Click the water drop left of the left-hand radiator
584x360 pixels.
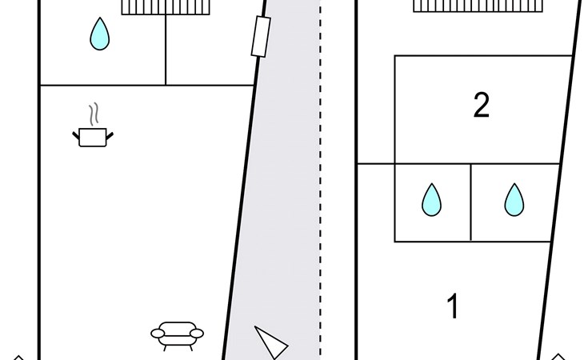coord(99,34)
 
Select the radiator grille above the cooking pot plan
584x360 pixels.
coord(166,7)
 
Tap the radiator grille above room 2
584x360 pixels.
coord(478,6)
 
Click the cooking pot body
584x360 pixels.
coord(93,138)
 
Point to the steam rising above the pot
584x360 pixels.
coord(94,114)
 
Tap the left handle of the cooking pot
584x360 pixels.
coord(76,135)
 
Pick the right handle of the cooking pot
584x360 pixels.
coord(110,136)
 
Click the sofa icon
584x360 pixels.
coord(177,336)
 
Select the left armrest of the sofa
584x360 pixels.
coord(158,333)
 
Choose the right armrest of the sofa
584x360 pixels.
coord(197,333)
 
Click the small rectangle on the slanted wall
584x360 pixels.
coord(261,37)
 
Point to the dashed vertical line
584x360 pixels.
coord(320,180)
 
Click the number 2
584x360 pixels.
coord(482,105)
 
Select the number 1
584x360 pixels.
coord(453,306)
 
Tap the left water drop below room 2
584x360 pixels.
coord(431,200)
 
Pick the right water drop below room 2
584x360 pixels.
coord(514,200)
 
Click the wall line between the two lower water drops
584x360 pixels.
coord(470,202)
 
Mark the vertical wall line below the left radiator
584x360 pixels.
coord(166,50)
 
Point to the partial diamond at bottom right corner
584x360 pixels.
coord(558,357)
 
